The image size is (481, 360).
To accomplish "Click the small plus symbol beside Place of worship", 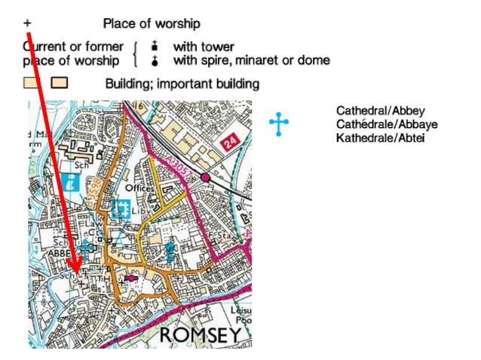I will coord(27,24).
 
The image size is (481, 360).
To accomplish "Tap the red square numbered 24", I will coord(230,142).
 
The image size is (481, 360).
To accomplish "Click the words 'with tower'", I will coord(203,47).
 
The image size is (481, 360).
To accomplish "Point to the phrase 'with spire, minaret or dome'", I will coord(251,59).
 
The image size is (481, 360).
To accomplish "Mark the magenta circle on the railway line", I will coord(205,178).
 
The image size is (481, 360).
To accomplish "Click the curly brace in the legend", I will coord(136,53).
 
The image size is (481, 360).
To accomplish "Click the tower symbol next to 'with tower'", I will coord(155,47).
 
